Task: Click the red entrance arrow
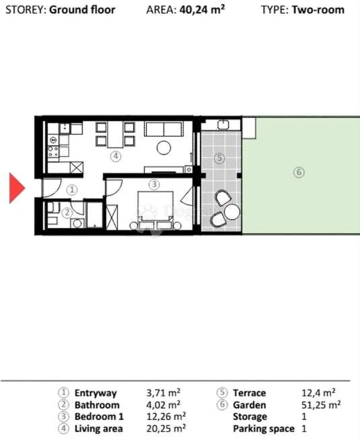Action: click(x=17, y=188)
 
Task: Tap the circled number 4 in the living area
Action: click(x=116, y=156)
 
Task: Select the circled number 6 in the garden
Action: click(x=299, y=172)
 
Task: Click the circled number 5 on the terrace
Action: click(x=219, y=158)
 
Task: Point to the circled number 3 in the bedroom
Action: click(x=154, y=184)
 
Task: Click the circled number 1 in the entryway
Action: click(x=72, y=190)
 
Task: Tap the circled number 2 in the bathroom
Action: click(x=67, y=213)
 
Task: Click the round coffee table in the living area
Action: click(x=164, y=147)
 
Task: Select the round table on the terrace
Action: click(x=232, y=213)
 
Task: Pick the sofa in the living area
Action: click(x=164, y=129)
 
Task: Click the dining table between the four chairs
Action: click(x=115, y=135)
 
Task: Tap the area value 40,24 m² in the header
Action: click(x=202, y=9)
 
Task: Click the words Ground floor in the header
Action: click(x=82, y=10)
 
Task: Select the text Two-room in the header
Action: click(x=318, y=10)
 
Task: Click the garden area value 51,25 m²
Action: click(x=321, y=405)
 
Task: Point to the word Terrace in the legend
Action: click(x=249, y=393)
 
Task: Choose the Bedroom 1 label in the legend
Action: click(x=99, y=416)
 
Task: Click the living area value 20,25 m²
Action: click(x=166, y=429)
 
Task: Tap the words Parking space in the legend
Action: click(x=264, y=429)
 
